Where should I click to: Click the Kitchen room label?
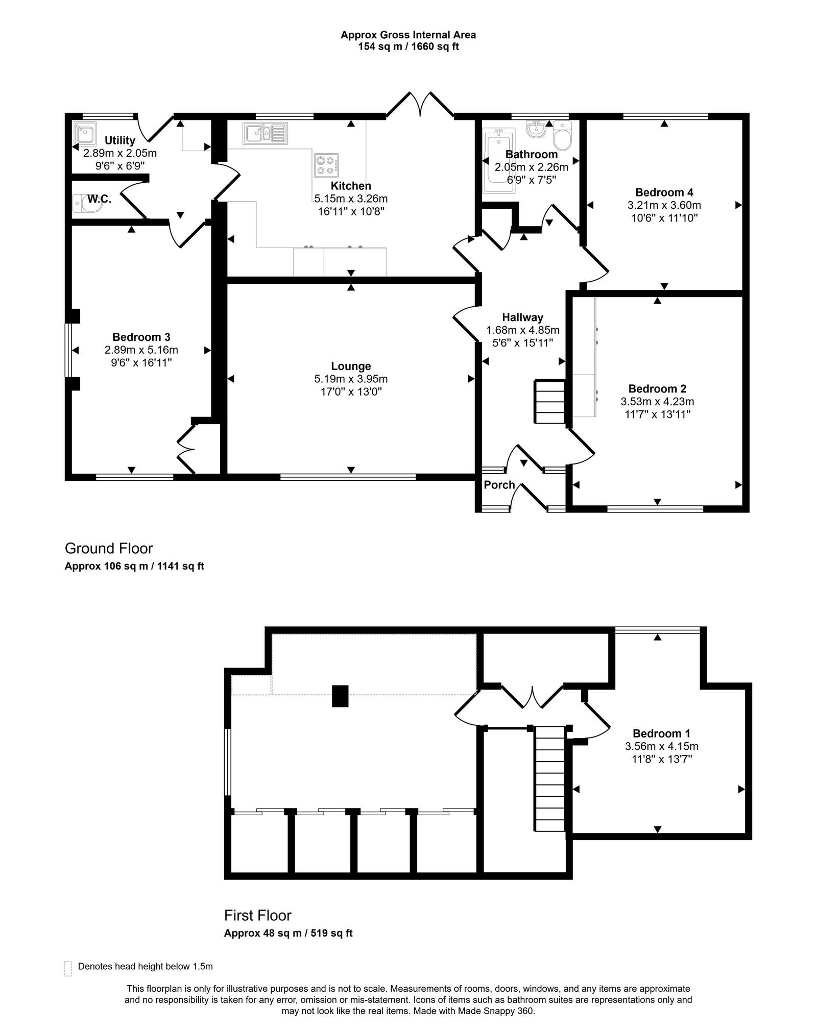(351, 186)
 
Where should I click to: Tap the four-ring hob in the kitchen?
(327, 165)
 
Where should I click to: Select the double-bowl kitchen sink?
(265, 133)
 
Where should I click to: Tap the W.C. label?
(99, 199)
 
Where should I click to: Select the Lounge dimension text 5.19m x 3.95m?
(351, 379)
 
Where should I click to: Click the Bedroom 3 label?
(141, 337)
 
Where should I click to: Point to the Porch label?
(499, 485)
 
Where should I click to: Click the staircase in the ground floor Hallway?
(549, 401)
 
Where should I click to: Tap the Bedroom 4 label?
(664, 192)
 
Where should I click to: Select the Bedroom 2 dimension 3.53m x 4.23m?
(657, 402)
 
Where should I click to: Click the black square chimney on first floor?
(340, 696)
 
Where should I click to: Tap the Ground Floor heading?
(109, 549)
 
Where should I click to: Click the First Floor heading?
(258, 915)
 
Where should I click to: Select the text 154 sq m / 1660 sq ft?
(408, 47)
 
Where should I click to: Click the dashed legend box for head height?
(68, 968)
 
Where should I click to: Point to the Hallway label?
(522, 317)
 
